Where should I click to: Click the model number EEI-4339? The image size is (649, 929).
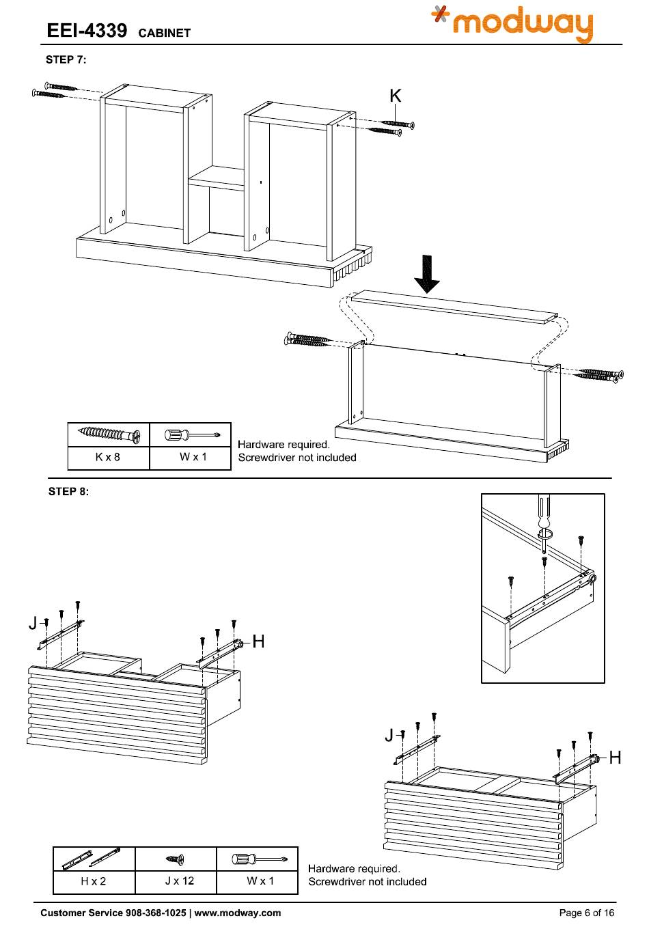[86, 31]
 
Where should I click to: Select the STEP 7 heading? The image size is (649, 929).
[66, 59]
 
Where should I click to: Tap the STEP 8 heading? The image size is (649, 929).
[68, 491]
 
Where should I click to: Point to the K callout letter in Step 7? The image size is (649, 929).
[395, 96]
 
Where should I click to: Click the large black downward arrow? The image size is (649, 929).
[428, 274]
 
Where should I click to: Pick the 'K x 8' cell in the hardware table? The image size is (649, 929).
[108, 457]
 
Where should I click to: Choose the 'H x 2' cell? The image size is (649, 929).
[94, 881]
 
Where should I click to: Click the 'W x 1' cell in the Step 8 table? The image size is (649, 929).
[260, 881]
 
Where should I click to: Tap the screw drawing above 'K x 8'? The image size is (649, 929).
[109, 434]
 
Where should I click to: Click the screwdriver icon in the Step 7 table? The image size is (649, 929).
[191, 434]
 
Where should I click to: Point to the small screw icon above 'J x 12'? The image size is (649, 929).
[176, 859]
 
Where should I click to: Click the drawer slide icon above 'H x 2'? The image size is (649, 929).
[92, 859]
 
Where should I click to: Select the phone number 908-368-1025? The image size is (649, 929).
[154, 913]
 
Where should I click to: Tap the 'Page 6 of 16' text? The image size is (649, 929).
[587, 913]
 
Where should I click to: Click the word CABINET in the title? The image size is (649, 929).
[164, 33]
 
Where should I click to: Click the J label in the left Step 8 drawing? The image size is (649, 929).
[33, 622]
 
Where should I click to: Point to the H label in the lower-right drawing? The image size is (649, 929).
[615, 757]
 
